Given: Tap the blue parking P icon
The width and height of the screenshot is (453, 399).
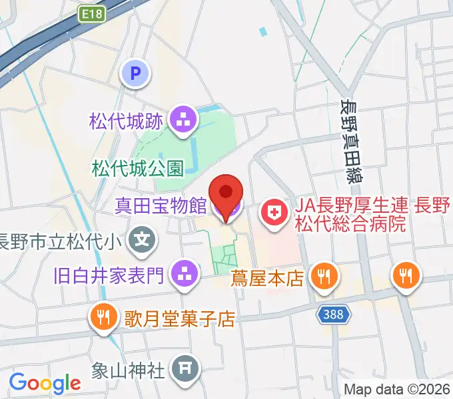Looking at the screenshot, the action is point(137,73).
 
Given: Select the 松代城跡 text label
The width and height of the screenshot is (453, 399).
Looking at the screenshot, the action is point(127,121).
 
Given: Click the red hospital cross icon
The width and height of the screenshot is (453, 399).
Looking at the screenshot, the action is point(273,214).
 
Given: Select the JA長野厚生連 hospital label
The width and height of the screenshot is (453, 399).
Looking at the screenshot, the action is point(360,215).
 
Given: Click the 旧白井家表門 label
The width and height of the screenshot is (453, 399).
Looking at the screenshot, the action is point(109,273).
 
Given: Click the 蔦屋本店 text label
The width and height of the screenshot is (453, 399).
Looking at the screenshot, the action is point(268,275).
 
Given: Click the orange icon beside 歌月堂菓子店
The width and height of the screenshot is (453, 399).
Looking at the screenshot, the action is point(102,318).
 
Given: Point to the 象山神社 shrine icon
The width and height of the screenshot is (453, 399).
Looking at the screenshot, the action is point(185,367).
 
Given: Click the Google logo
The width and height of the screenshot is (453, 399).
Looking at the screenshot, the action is point(45,383).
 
